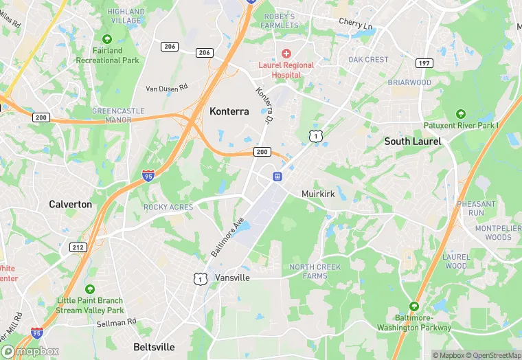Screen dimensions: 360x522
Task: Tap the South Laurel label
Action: pos(412,142)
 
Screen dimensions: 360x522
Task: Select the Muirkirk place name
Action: pos(318,194)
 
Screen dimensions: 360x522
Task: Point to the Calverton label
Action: pos(70,204)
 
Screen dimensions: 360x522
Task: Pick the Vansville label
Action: pos(232,278)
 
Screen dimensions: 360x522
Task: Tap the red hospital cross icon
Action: pos(286,53)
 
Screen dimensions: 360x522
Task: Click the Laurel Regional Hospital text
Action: pos(286,69)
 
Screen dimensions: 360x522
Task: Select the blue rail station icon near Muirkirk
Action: pos(277,177)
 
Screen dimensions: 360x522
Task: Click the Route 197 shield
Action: pos(424,63)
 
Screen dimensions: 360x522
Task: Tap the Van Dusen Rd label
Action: pos(167,88)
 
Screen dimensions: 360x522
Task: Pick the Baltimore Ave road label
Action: pos(227,238)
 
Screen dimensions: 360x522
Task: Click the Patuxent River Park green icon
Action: pos(460,113)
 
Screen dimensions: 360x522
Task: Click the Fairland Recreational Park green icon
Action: pos(107,38)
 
